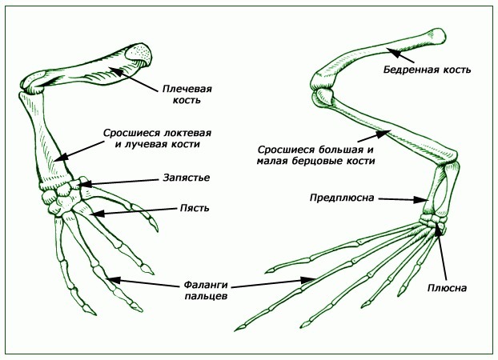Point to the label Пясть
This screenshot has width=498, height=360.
tap(195, 208)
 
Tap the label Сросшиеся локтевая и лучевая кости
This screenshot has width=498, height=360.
tap(151, 138)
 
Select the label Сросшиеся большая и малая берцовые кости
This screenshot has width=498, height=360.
tap(316, 154)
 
